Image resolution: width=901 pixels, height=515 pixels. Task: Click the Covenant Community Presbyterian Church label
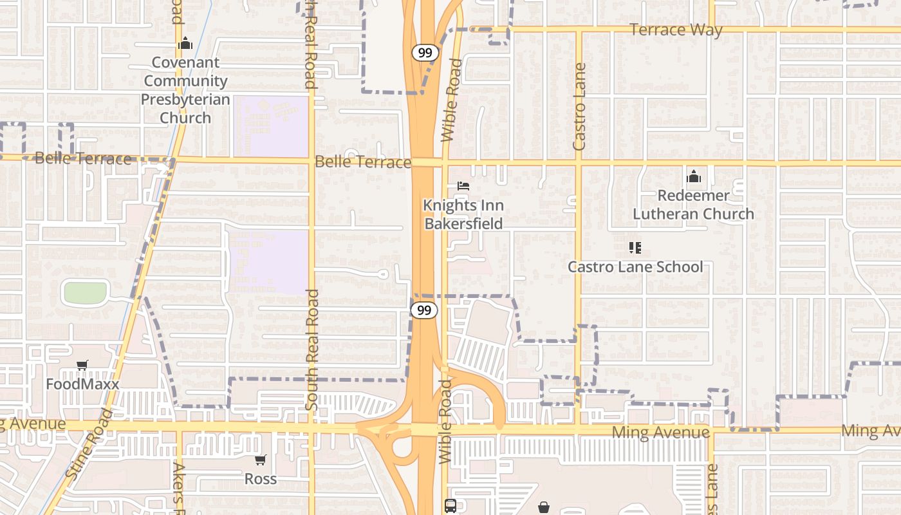(x=185, y=90)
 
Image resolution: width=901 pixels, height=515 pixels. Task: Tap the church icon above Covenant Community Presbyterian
(x=185, y=44)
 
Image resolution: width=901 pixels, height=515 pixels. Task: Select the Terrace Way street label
(x=676, y=30)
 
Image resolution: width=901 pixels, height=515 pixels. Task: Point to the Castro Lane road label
(x=579, y=107)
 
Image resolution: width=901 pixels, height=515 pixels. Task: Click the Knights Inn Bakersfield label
(x=463, y=214)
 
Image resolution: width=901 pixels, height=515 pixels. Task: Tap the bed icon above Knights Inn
(x=463, y=186)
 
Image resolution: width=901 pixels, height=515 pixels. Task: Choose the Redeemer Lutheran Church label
(x=693, y=205)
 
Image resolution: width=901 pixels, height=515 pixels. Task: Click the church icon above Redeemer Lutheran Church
(x=693, y=176)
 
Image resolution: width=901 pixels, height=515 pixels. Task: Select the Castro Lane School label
(x=635, y=267)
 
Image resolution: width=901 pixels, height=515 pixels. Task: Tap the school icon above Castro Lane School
(x=635, y=248)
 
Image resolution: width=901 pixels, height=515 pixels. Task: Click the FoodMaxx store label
(x=82, y=384)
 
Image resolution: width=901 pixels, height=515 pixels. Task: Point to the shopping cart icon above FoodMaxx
(x=82, y=366)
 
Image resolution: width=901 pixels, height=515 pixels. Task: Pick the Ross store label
(x=261, y=479)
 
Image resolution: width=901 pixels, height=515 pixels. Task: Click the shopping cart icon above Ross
(x=260, y=460)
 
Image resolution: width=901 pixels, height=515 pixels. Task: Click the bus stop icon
(x=450, y=506)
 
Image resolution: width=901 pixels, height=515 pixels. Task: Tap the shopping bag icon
(x=544, y=507)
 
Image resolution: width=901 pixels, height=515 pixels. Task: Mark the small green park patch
(x=85, y=293)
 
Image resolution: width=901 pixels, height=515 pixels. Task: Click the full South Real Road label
(x=311, y=350)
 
